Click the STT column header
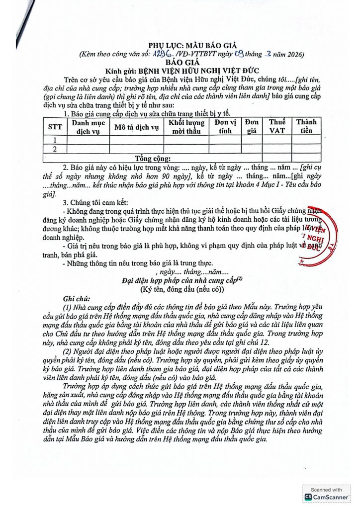pyautogui.click(x=55, y=127)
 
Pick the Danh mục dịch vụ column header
pyautogui.click(x=88, y=127)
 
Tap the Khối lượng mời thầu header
pyautogui.click(x=186, y=127)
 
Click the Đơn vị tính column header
pyautogui.click(x=225, y=127)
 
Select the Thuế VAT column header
pyautogui.click(x=277, y=127)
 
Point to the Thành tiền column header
pyautogui.click(x=306, y=127)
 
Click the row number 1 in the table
pyautogui.click(x=55, y=140)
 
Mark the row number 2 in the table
pyautogui.click(x=55, y=149)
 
